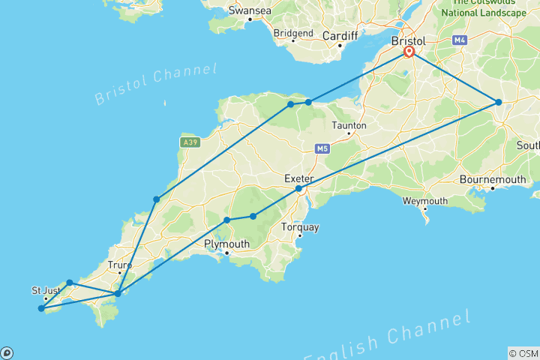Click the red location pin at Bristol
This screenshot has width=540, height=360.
tap(409, 52)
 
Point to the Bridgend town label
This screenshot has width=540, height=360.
tap(293, 33)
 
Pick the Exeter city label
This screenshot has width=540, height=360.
tap(298, 178)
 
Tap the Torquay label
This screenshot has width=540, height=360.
tap(299, 226)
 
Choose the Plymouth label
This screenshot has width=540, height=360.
tap(226, 244)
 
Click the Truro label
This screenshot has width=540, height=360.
tap(119, 264)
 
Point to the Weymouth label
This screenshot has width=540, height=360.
tap(424, 201)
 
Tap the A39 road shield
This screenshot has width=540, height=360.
tap(187, 141)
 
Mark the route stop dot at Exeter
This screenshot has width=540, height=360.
tap(298, 188)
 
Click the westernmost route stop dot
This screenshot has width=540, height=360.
tap(41, 308)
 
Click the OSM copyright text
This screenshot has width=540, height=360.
tap(523, 352)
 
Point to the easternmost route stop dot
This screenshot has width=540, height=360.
tap(498, 102)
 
